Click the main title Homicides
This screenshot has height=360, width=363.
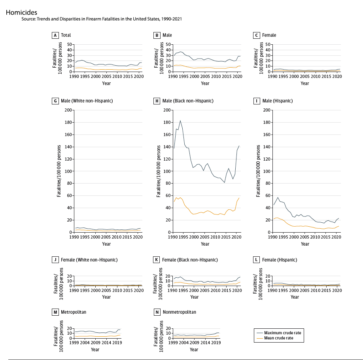pyautogui.click(x=21, y=12)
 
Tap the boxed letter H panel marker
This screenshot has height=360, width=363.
pyautogui.click(x=156, y=101)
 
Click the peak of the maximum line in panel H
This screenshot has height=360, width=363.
pyautogui.click(x=180, y=121)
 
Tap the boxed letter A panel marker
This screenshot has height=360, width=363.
pyautogui.click(x=56, y=35)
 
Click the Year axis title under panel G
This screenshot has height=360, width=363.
pyautogui.click(x=106, y=244)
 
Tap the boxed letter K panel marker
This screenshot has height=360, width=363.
pyautogui.click(x=156, y=260)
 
